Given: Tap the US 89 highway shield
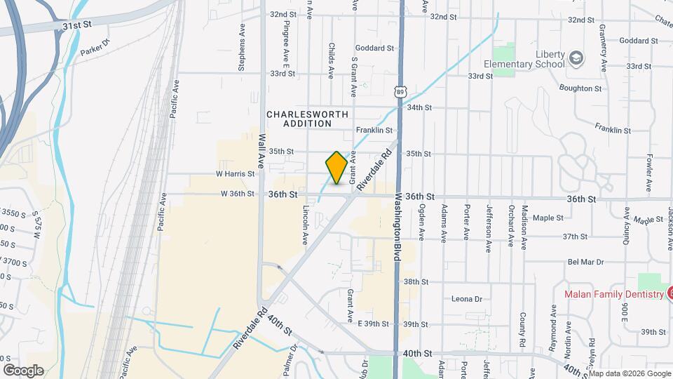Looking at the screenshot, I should click(399, 91).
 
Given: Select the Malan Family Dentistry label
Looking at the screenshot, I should click(613, 294).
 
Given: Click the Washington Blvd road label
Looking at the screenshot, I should click(396, 227).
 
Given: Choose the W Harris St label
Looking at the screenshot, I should click(235, 173).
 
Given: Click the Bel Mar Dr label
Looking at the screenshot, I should click(586, 262).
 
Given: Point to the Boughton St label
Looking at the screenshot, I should click(580, 88).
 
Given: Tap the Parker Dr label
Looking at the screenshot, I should click(95, 48).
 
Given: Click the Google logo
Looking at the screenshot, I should click(23, 370).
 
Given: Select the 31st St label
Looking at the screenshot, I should click(77, 25).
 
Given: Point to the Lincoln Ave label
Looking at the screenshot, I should click(306, 225).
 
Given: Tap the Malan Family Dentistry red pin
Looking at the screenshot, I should click(670, 293).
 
